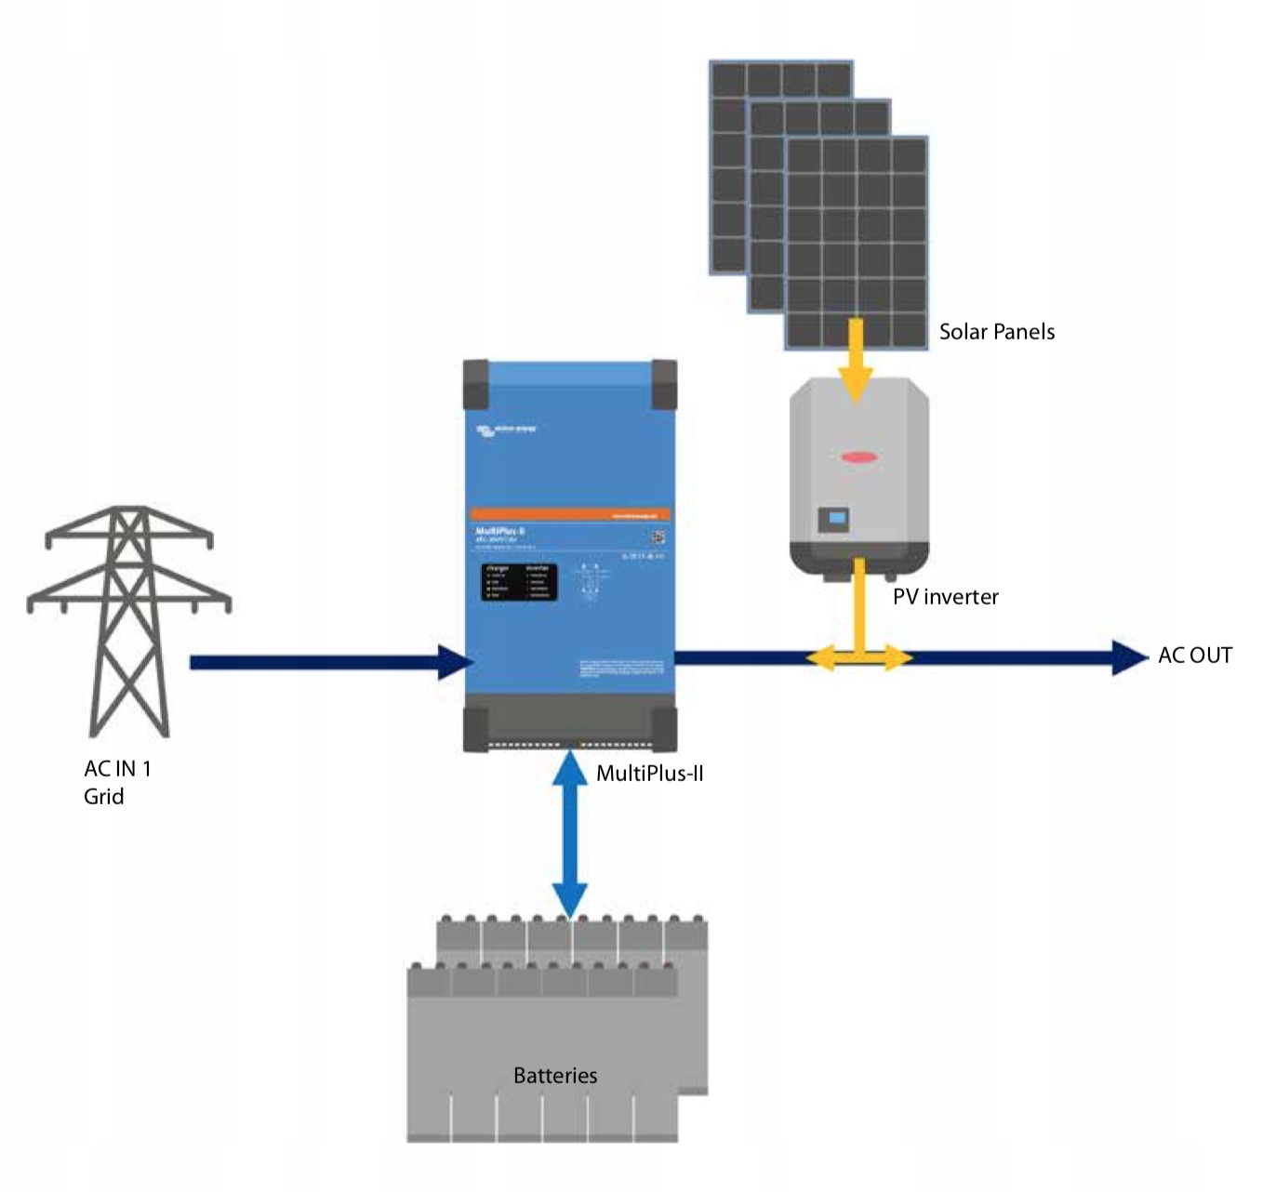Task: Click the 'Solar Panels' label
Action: [996, 332]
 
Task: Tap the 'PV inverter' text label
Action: [945, 597]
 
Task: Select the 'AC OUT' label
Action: [1194, 656]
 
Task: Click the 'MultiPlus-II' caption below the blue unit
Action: [649, 774]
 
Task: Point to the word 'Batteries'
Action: [555, 1076]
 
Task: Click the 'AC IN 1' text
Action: [117, 769]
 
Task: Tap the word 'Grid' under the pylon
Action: [103, 797]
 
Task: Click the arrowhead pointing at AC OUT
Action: [1129, 657]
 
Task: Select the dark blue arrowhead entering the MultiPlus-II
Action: [456, 662]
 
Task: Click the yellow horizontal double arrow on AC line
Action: [858, 658]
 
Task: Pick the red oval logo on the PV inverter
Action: [858, 457]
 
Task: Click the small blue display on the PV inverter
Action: [837, 518]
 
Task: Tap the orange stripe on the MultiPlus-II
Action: [569, 514]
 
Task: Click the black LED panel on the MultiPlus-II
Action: [519, 581]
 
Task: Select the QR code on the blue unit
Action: [658, 536]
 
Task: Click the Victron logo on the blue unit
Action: [506, 430]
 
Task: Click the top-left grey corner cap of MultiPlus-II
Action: [476, 384]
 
